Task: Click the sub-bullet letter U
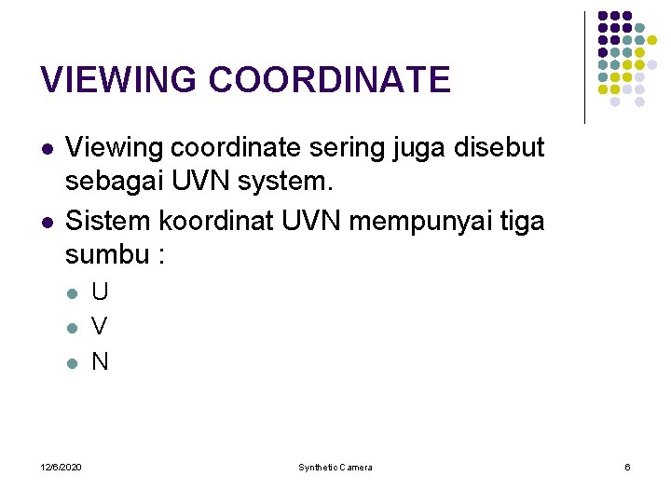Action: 100,292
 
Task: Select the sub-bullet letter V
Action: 100,327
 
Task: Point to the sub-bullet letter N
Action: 100,361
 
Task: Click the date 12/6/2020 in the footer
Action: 61,467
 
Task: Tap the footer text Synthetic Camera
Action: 335,467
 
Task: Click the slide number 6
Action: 627,467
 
